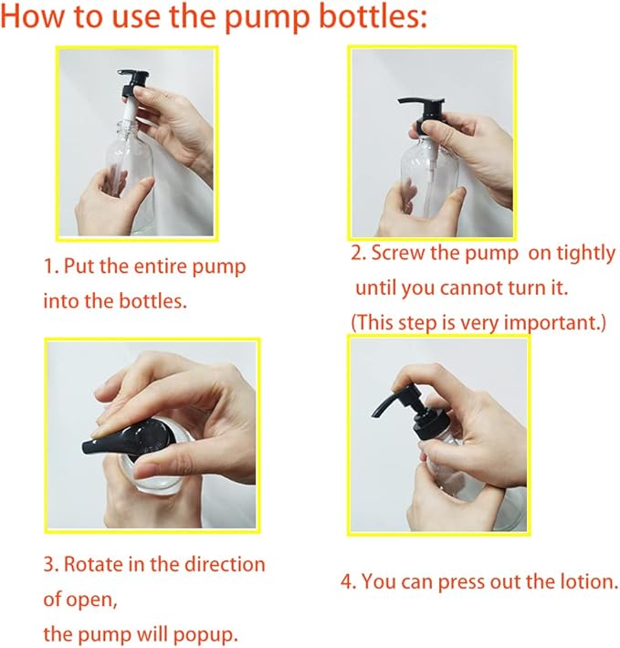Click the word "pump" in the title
(x=267, y=18)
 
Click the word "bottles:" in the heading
(x=373, y=16)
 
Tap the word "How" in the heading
(x=32, y=16)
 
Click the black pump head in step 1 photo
(x=133, y=84)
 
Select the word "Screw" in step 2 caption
(x=397, y=253)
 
